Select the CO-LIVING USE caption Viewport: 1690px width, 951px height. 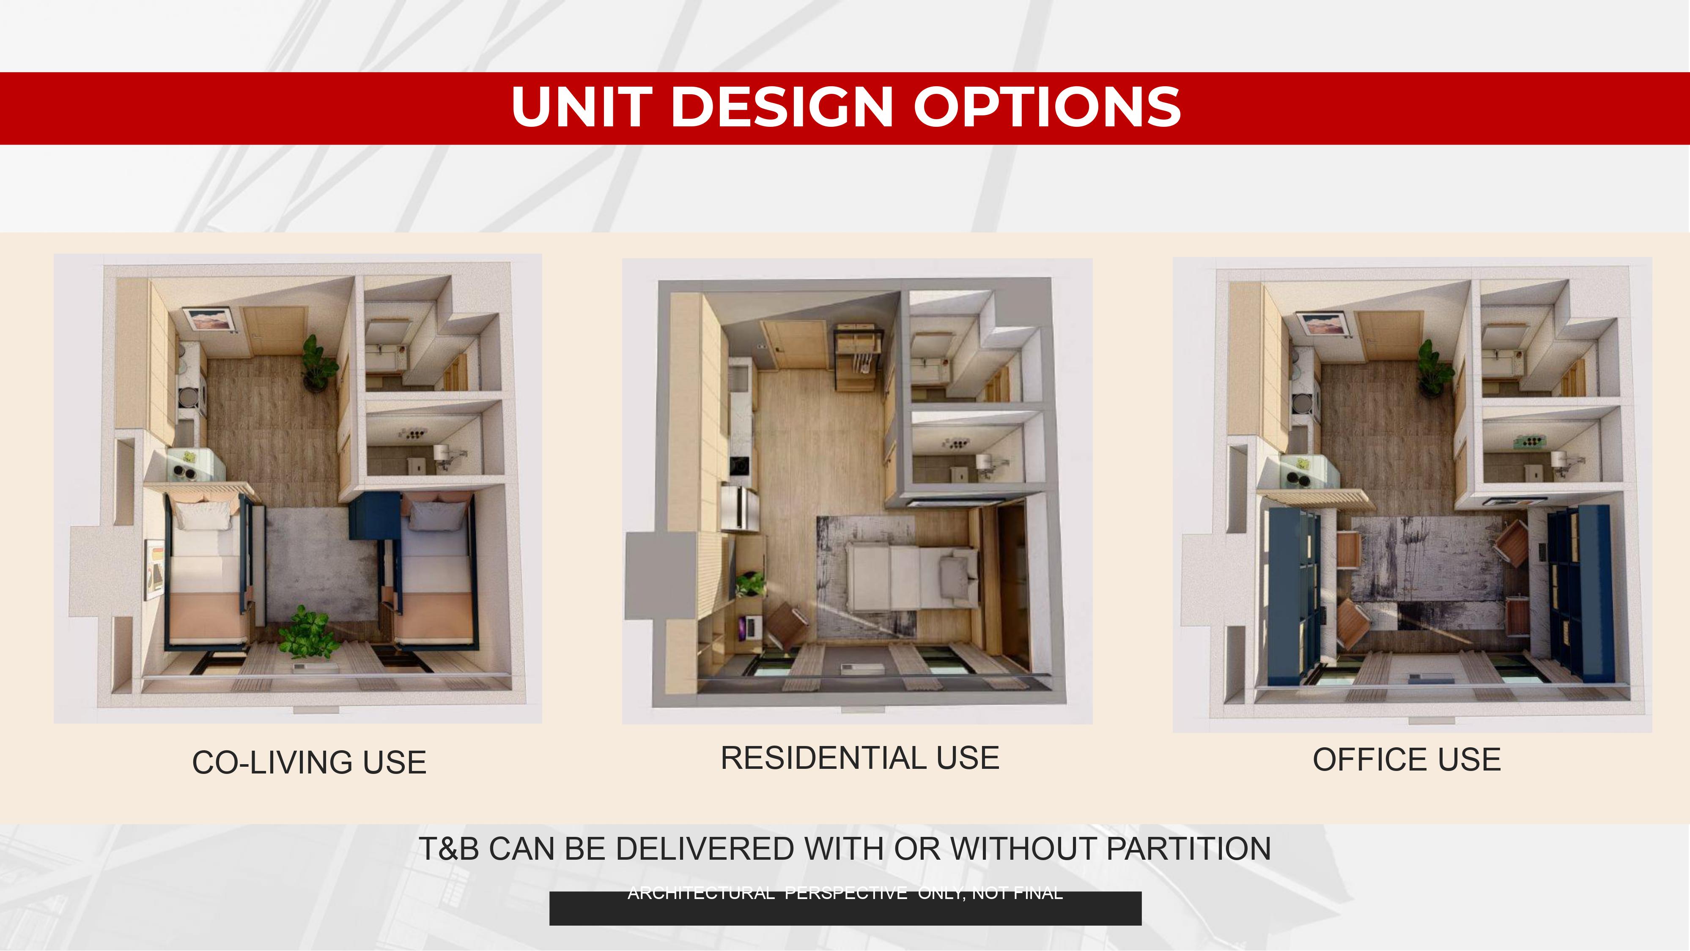[309, 762]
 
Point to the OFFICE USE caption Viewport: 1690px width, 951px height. [1407, 760]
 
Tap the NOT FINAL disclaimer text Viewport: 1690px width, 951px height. [1017, 893]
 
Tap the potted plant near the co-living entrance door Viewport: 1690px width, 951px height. [319, 364]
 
